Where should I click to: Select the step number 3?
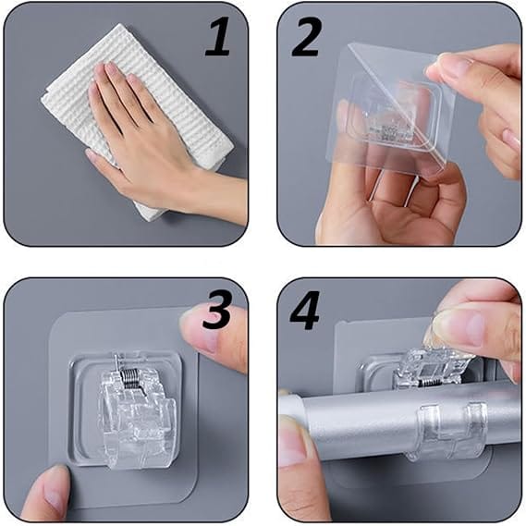(216, 311)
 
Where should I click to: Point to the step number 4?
(304, 311)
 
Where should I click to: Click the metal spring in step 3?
(129, 378)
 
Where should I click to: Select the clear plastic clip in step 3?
(136, 411)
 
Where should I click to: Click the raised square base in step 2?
(394, 114)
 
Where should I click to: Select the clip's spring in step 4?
(428, 382)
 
